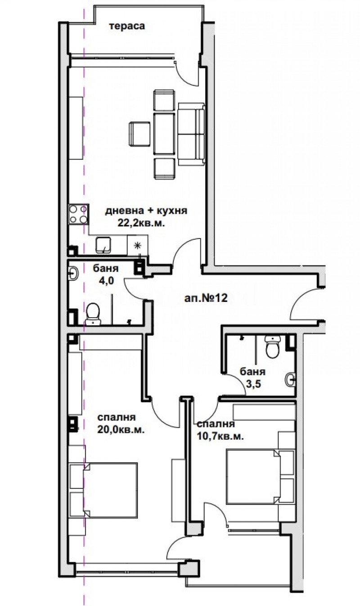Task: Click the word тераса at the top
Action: (x=127, y=26)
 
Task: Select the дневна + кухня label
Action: (x=146, y=211)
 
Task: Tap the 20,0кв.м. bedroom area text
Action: (x=121, y=429)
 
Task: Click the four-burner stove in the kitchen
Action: (x=78, y=214)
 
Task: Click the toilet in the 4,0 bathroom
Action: (x=93, y=313)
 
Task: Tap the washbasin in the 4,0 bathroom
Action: (x=73, y=273)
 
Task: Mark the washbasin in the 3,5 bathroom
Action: (x=291, y=380)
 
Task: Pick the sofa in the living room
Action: (x=192, y=134)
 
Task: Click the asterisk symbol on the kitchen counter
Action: (x=137, y=245)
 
